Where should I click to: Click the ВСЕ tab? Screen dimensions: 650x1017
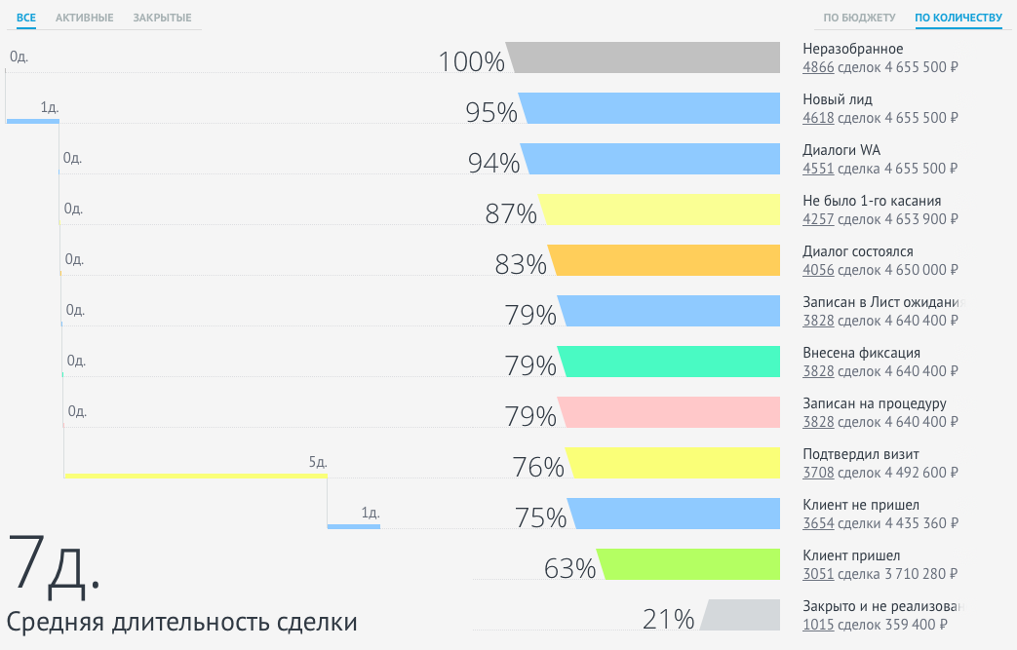(x=26, y=18)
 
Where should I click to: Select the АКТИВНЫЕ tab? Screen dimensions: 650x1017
(x=84, y=18)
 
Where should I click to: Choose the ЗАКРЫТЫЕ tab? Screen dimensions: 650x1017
(x=162, y=18)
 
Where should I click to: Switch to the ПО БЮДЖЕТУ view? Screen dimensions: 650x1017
(x=859, y=18)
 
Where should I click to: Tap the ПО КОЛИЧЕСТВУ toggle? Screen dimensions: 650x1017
(x=958, y=18)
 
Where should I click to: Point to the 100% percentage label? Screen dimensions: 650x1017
(x=471, y=62)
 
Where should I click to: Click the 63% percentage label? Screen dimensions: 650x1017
(x=569, y=569)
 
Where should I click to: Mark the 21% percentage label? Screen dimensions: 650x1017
(x=668, y=620)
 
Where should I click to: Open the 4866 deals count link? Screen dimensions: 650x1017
(x=817, y=67)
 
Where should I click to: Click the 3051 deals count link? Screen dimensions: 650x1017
(x=817, y=574)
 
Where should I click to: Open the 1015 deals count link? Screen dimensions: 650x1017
(x=817, y=625)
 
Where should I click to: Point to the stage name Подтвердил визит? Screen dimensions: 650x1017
(x=860, y=454)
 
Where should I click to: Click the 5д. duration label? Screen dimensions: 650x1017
(x=317, y=462)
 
